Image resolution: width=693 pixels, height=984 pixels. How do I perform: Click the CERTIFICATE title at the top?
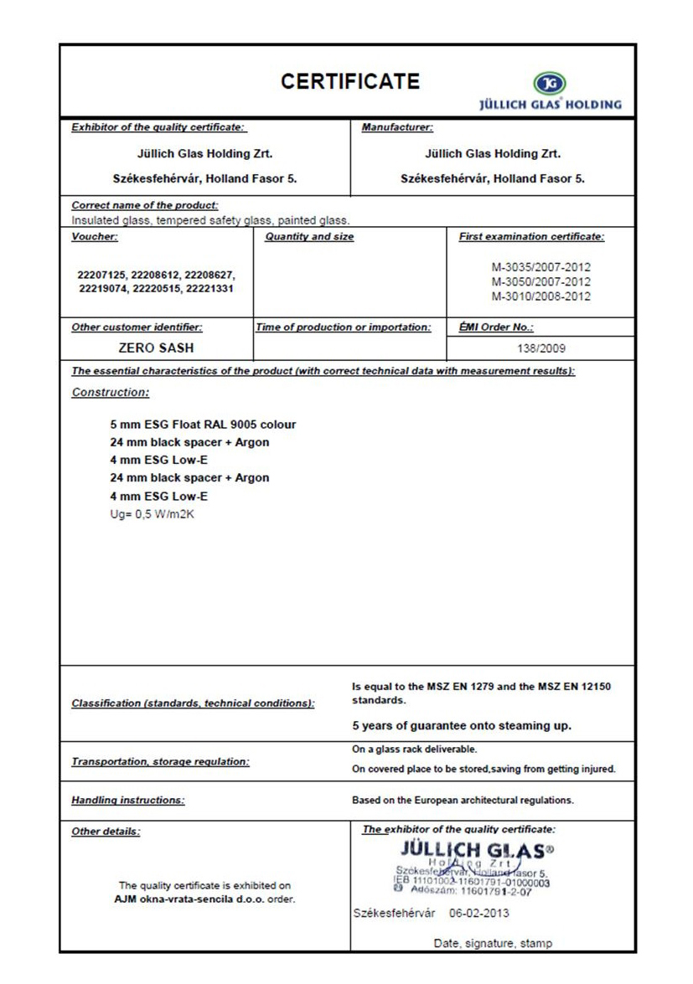click(x=350, y=81)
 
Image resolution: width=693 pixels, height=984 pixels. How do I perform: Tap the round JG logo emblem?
click(x=549, y=84)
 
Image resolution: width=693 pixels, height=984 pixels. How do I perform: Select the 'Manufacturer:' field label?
click(x=397, y=128)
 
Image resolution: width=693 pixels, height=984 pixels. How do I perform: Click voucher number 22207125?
click(x=102, y=275)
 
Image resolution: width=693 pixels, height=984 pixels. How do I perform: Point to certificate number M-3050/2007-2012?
click(x=540, y=282)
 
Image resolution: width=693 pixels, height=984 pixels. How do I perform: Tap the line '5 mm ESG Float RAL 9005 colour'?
click(x=197, y=425)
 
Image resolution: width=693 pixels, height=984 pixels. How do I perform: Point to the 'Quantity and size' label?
click(x=309, y=237)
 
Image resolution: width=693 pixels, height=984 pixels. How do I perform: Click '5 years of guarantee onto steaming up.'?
click(x=462, y=725)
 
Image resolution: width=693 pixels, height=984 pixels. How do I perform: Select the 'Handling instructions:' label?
click(x=128, y=800)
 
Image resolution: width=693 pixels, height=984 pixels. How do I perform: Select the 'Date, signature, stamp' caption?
click(x=493, y=943)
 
